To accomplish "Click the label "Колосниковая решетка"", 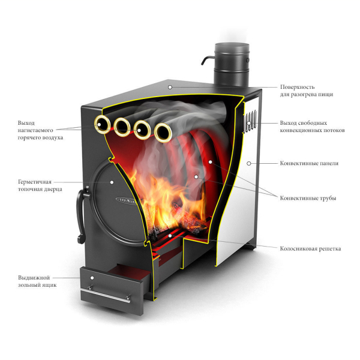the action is (x=310, y=248).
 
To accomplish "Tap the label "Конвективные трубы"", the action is (x=308, y=198).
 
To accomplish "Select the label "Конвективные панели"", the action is (x=309, y=163).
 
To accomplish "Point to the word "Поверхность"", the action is (x=298, y=87).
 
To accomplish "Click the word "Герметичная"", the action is (x=35, y=182).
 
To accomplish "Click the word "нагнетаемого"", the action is (x=35, y=130).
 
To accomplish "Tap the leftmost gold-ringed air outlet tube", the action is (x=102, y=125).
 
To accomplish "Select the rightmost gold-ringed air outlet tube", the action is (x=163, y=133).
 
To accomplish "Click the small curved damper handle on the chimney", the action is (x=207, y=60).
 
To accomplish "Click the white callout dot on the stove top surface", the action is (x=170, y=87).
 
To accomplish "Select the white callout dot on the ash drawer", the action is (x=92, y=278).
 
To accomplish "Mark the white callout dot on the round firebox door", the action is (x=112, y=182).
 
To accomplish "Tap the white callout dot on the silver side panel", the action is (x=248, y=163).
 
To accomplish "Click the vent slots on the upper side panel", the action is (x=250, y=121).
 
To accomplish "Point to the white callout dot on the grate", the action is (x=170, y=236).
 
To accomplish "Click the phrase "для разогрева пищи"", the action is (x=307, y=94).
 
